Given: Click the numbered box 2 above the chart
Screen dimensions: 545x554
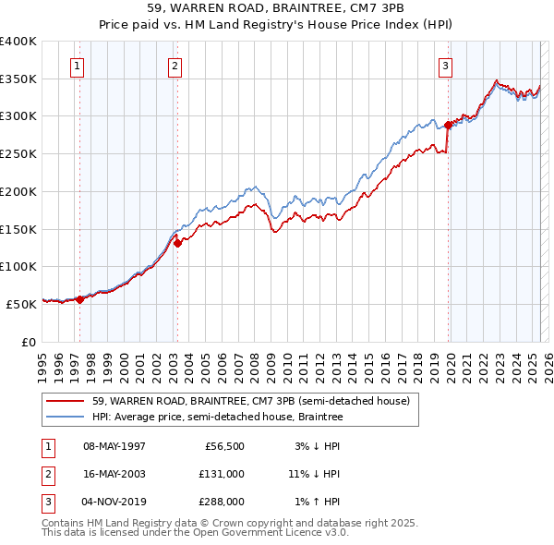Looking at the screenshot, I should pyautogui.click(x=174, y=66).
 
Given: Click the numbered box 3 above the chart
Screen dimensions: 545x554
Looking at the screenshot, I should pyautogui.click(x=445, y=66).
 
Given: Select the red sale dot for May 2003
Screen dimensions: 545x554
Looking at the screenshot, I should pyautogui.click(x=177, y=243).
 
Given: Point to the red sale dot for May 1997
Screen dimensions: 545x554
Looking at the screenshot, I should pyautogui.click(x=79, y=298).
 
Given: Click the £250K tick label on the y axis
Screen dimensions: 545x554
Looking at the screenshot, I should pyautogui.click(x=18, y=154).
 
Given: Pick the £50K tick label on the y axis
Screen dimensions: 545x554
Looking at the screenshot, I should pyautogui.click(x=21, y=304).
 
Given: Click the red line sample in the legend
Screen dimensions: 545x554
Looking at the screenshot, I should pyautogui.click(x=66, y=401).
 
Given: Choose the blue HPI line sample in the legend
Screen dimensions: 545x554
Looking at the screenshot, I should pyautogui.click(x=66, y=418).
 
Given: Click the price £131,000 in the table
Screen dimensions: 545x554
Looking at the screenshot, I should pyautogui.click(x=223, y=474).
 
